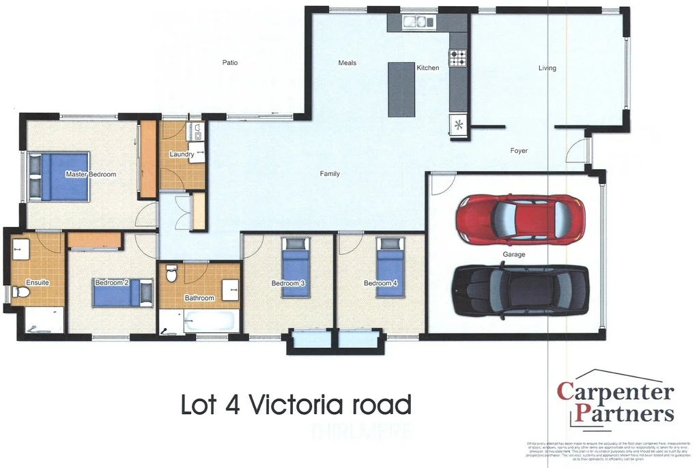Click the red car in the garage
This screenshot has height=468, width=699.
(520, 219)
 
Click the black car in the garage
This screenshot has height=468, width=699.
(520, 291)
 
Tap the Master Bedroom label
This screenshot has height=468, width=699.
(91, 175)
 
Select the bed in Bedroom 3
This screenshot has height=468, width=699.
(296, 266)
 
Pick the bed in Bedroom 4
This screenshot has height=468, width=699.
(390, 266)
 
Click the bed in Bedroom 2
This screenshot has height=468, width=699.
(123, 293)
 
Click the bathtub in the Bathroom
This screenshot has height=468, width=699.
(209, 322)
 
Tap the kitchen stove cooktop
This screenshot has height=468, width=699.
(457, 58)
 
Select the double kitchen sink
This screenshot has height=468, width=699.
(419, 22)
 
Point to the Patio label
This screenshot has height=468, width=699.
(230, 63)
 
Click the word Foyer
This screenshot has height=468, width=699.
(519, 151)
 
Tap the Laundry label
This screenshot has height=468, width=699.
(182, 155)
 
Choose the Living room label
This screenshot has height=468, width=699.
(547, 68)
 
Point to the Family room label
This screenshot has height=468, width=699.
(330, 174)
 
